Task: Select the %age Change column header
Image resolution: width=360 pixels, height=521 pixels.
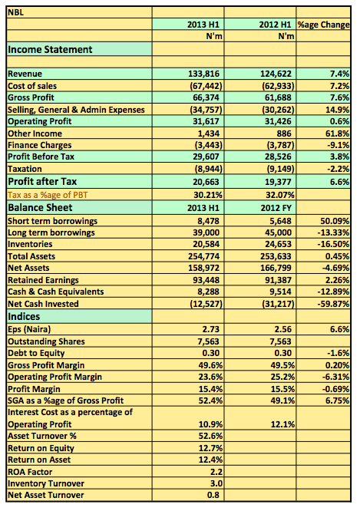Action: [323, 25]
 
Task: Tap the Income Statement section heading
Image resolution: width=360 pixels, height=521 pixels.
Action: [50, 50]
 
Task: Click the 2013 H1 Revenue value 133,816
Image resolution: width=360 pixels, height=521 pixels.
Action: [203, 74]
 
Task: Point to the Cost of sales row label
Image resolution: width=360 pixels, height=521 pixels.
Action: [32, 86]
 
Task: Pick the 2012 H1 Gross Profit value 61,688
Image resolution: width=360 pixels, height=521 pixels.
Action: [276, 97]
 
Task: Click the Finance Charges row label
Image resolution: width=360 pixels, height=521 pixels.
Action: [40, 145]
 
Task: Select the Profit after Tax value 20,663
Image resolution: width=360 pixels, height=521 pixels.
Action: [206, 182]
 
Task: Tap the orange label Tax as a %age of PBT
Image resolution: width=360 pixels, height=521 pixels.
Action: [48, 195]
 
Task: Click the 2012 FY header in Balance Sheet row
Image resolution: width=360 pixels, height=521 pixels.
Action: [276, 208]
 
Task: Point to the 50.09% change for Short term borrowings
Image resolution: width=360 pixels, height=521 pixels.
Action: [335, 221]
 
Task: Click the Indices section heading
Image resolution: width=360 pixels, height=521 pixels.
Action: [24, 316]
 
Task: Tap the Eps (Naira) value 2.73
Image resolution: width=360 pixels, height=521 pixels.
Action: [211, 329]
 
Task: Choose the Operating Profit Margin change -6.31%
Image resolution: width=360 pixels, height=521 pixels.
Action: [335, 377]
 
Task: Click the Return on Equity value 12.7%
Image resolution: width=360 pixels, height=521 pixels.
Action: [210, 448]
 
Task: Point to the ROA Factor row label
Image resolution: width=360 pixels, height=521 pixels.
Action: [30, 472]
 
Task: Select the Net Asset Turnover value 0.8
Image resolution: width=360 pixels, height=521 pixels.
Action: [213, 495]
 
